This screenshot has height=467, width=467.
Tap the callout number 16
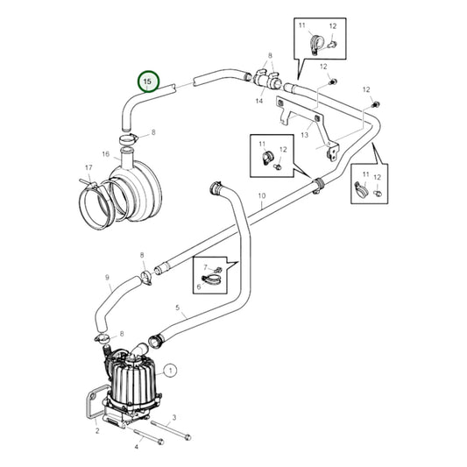tap(105, 153)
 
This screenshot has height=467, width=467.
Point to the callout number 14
tap(258, 102)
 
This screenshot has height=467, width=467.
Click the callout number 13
tap(305, 135)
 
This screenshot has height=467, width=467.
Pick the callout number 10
tap(261, 195)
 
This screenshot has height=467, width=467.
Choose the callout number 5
tap(178, 308)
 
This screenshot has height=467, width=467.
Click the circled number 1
tap(170, 371)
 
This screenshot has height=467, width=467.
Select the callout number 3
tap(174, 418)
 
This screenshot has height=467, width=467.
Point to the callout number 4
tap(136, 446)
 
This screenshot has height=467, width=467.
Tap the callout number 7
tap(204, 266)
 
